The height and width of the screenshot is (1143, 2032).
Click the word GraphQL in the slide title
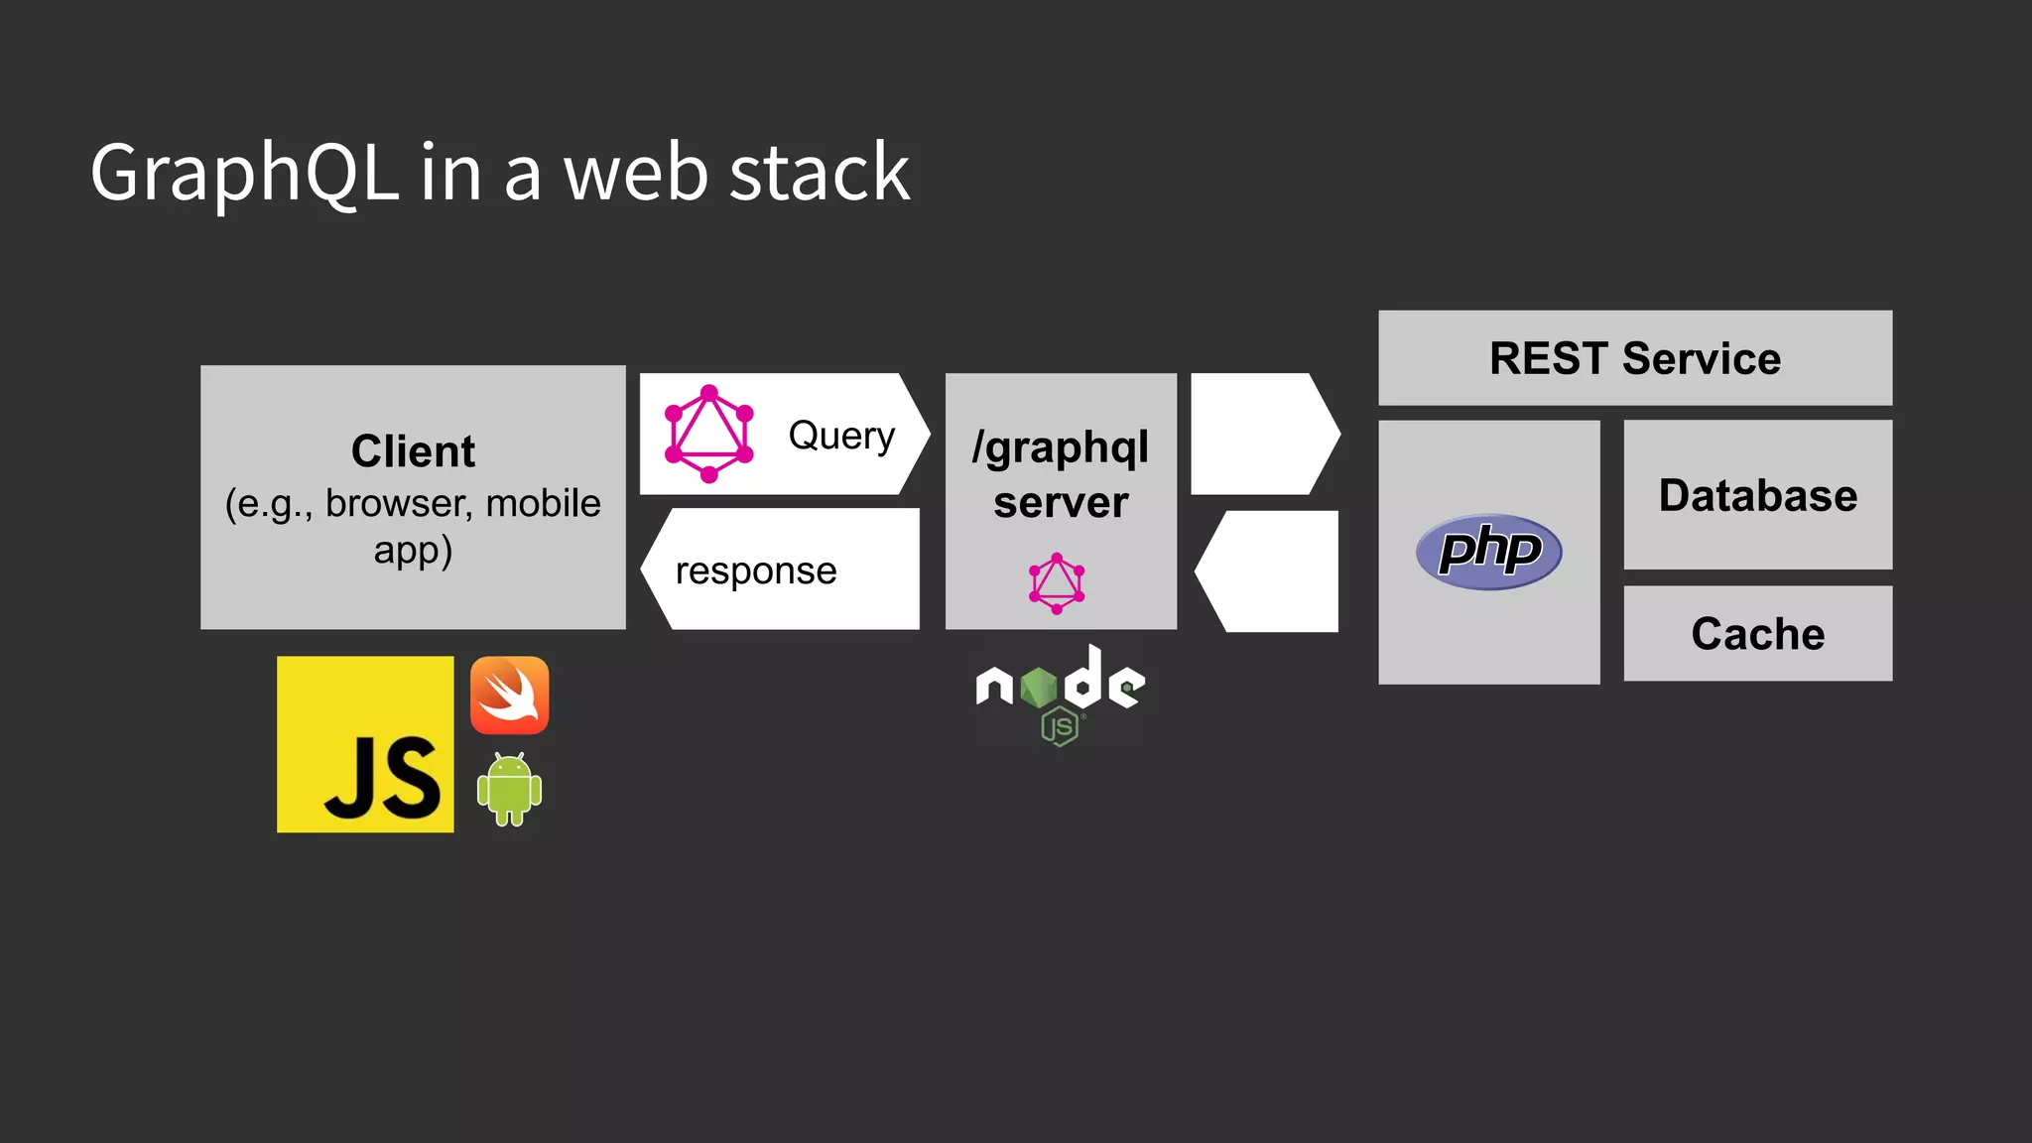click(x=244, y=174)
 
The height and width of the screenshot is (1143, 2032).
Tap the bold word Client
click(x=413, y=451)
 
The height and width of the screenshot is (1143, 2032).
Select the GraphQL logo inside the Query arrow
click(x=708, y=435)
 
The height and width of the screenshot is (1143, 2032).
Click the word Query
click(x=841, y=436)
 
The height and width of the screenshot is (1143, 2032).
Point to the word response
click(x=756, y=571)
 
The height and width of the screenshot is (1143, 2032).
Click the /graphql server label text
click(x=1061, y=474)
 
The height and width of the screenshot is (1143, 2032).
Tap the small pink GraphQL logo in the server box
click(x=1057, y=583)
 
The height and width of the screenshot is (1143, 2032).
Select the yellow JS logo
click(x=365, y=744)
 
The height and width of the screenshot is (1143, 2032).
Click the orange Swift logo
click(x=509, y=696)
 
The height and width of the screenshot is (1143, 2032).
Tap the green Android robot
click(x=509, y=789)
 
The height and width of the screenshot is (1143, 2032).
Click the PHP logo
click(x=1488, y=552)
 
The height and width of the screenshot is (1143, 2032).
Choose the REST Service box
click(x=1635, y=358)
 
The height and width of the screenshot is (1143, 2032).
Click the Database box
click(x=1757, y=495)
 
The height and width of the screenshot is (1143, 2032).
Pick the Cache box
click(x=1757, y=634)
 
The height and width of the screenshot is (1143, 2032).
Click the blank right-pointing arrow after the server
click(x=1260, y=435)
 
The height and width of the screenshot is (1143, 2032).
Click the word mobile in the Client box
click(x=543, y=504)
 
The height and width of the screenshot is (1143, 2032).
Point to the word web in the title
click(x=635, y=174)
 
